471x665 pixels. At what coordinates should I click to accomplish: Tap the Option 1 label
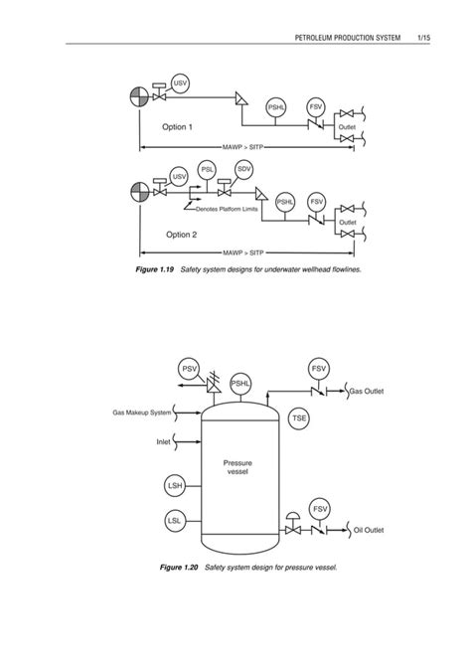tap(178, 127)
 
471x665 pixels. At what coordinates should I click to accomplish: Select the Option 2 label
tap(182, 235)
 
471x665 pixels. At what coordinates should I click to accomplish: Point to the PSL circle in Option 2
tap(208, 169)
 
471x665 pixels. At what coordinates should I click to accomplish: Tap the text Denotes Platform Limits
tap(233, 210)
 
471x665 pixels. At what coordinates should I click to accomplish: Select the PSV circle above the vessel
tap(190, 371)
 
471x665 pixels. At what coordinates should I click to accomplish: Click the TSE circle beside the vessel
tap(300, 419)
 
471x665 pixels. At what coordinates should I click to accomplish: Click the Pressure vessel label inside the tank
tap(236, 467)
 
